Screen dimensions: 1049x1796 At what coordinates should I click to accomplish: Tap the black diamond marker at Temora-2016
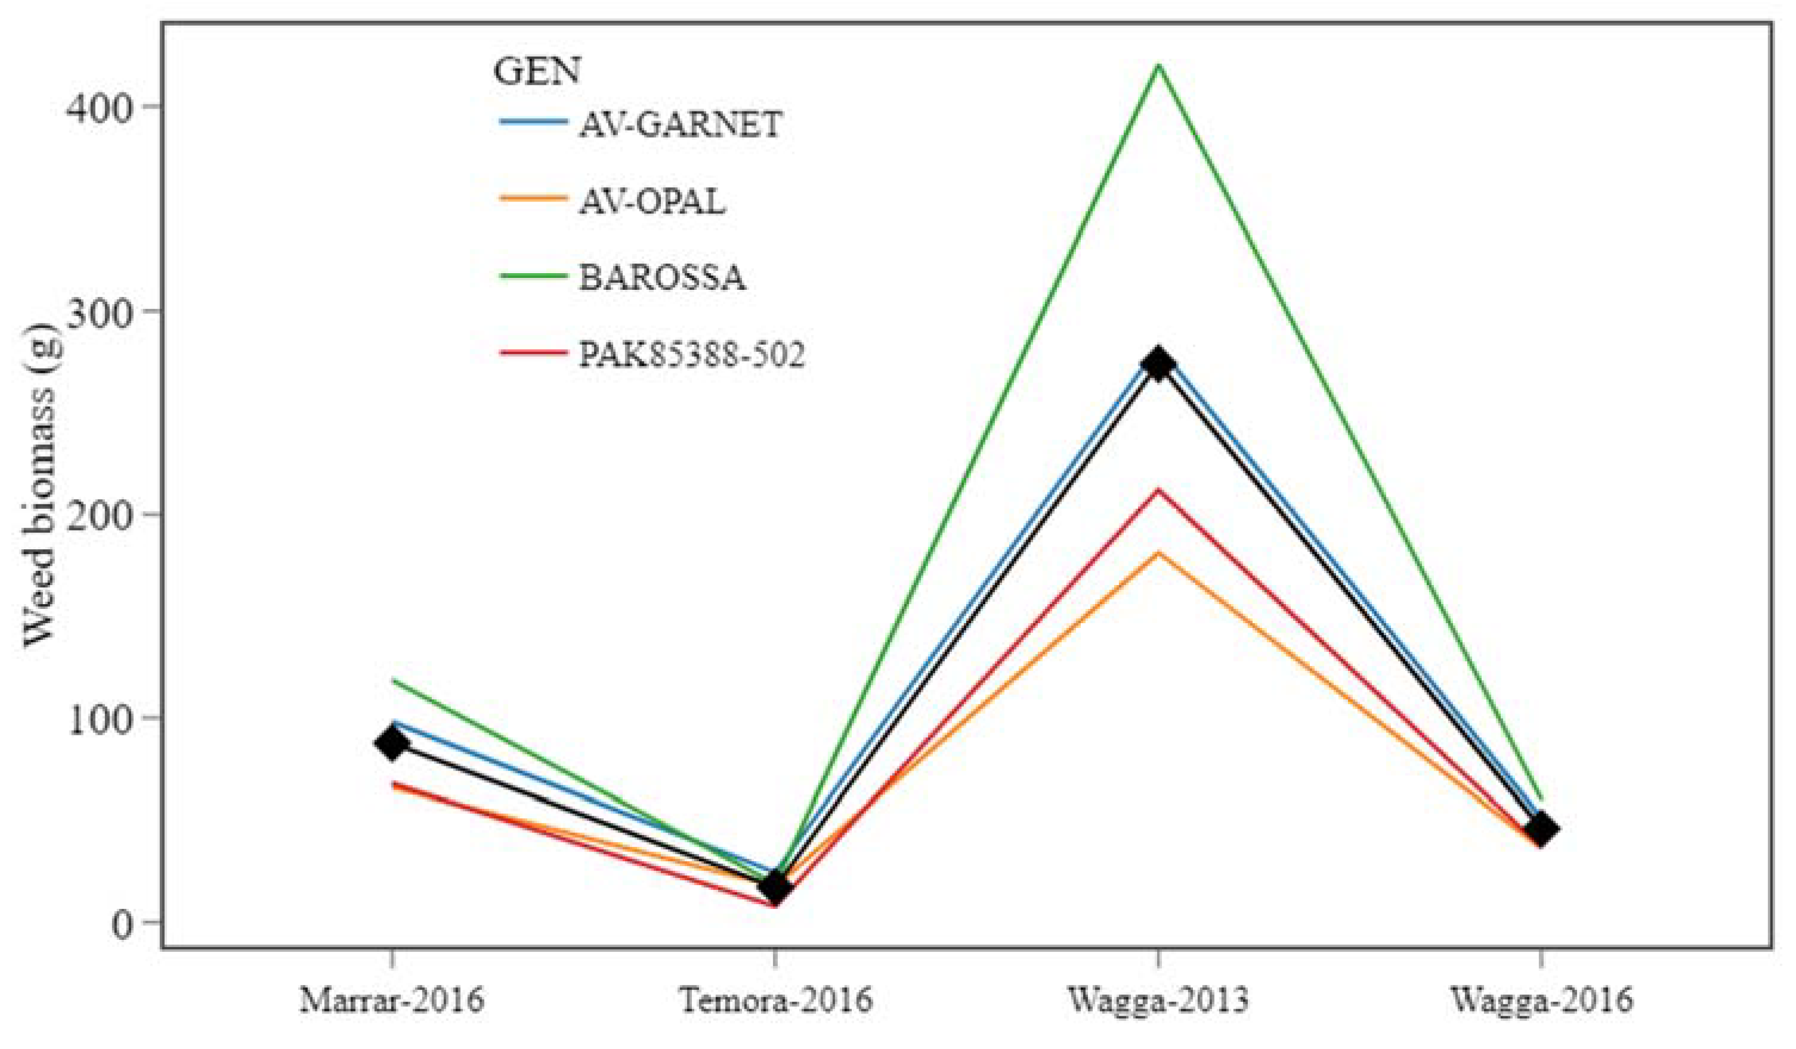[x=775, y=888]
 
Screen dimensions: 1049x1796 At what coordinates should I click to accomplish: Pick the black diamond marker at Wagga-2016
[x=1541, y=830]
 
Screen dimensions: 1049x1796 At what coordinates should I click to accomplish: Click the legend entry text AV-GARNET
[x=681, y=125]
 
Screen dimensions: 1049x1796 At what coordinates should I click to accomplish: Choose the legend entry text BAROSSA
[x=662, y=278]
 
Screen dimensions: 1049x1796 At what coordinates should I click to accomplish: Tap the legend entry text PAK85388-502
[x=691, y=354]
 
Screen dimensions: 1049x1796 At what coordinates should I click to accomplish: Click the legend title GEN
[x=537, y=71]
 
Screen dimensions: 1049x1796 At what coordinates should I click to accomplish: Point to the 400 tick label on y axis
[x=100, y=107]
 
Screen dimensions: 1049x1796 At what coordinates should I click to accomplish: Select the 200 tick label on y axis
[x=100, y=515]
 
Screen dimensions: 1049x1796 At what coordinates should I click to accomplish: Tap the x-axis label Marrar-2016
[x=392, y=1001]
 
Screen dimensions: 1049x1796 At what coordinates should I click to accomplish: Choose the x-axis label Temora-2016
[x=775, y=1001]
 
